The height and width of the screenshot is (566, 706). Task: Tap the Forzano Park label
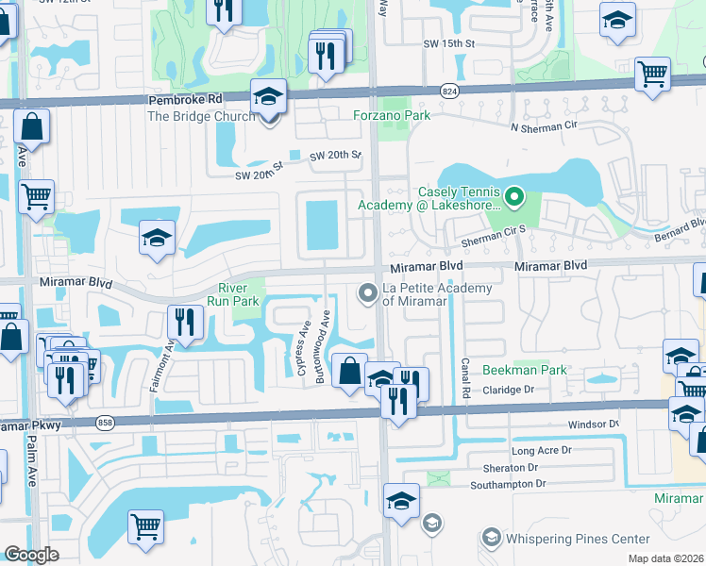392,116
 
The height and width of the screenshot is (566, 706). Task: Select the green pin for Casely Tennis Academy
514,197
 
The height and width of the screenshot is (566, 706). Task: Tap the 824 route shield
449,89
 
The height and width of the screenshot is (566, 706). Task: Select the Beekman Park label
525,370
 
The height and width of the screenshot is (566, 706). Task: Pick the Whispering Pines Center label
577,539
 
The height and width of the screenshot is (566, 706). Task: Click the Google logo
31,555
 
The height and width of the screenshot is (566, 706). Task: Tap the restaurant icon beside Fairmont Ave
185,322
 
